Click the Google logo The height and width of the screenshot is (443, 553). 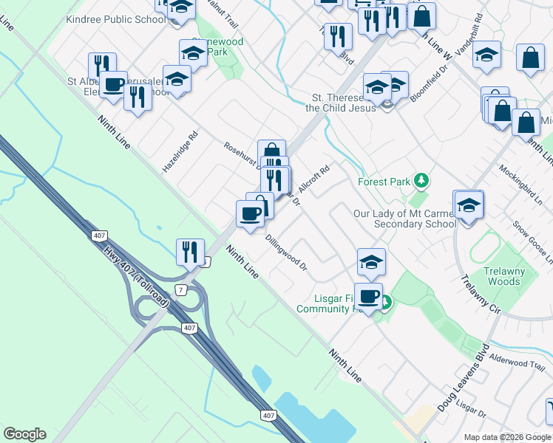pos(24,434)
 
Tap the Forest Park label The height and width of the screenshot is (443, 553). pos(383,181)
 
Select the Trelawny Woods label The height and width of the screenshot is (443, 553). pos(504,276)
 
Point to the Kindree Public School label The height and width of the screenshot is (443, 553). pos(126,19)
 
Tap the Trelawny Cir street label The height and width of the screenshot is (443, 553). pos(481,294)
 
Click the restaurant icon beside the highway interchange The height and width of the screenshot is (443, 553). pos(191,252)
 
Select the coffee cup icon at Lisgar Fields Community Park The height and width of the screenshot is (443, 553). pos(368,297)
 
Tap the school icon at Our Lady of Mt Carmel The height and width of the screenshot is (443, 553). pos(469,205)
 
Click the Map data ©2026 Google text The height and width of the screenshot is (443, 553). pos(507,437)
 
